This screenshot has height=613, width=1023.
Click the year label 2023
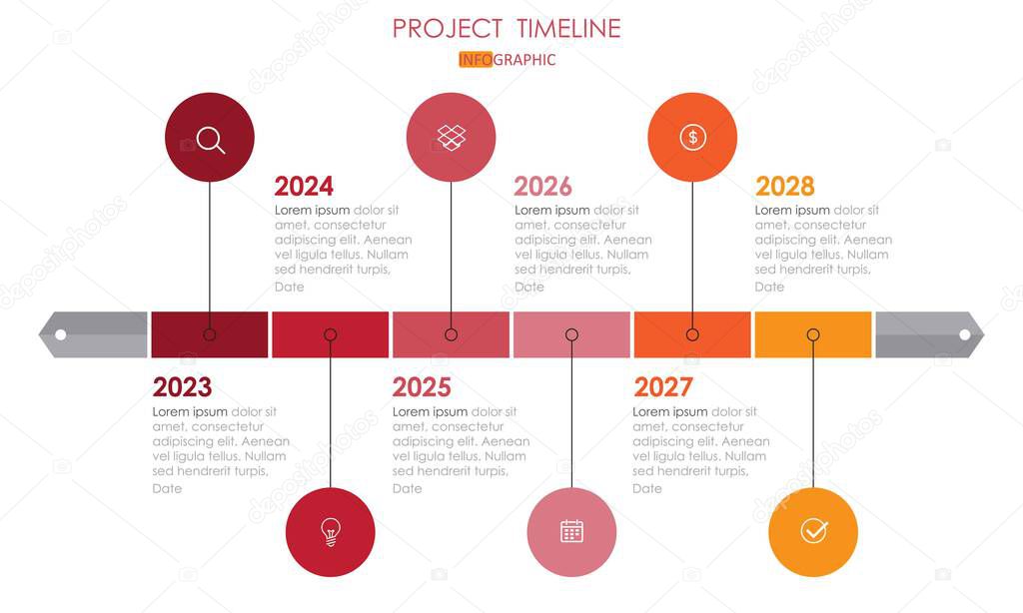(x=182, y=387)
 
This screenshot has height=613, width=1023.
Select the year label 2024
(x=304, y=187)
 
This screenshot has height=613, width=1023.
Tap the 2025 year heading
(x=422, y=387)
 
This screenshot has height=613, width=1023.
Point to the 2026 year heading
(x=542, y=187)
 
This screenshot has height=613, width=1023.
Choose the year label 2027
(x=663, y=387)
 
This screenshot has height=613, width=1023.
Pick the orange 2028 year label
(x=784, y=187)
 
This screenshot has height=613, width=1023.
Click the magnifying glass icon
(x=210, y=138)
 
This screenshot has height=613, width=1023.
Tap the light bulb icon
(x=330, y=532)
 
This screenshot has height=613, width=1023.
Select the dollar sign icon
(x=692, y=137)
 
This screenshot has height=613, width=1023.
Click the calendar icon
(x=571, y=532)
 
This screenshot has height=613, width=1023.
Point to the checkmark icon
(x=813, y=532)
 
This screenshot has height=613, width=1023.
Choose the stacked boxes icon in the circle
(x=451, y=137)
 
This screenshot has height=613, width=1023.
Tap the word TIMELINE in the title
(x=568, y=28)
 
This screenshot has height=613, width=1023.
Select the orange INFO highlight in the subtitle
(x=476, y=60)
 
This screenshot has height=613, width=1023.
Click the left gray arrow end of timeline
(x=92, y=334)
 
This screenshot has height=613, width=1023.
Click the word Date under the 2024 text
(x=290, y=288)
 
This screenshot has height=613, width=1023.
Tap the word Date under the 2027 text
(x=647, y=489)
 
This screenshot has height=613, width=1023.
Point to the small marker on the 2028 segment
(x=813, y=335)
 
